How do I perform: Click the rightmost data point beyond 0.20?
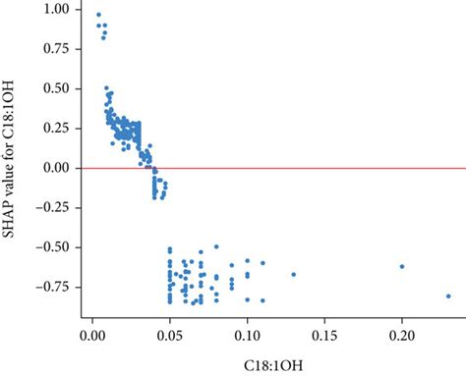point(448,295)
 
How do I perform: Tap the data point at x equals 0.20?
point(402,266)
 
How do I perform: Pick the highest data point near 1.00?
point(98,15)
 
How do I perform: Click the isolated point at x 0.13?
point(293,274)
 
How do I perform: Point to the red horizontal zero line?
point(295,168)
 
